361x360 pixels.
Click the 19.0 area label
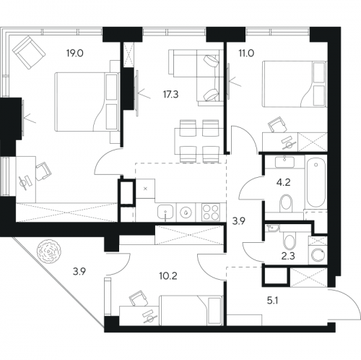point(75,53)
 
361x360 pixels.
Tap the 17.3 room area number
point(170,95)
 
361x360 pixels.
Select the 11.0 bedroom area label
point(246,53)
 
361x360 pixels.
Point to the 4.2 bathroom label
point(284,182)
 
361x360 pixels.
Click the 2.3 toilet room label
point(288,256)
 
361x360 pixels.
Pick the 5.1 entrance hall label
point(273,301)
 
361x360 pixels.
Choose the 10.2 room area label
point(168,275)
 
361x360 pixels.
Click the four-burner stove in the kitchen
point(211,213)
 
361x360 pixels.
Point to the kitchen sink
point(165,213)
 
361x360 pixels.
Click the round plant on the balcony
point(49,252)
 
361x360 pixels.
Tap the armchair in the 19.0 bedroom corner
point(29,52)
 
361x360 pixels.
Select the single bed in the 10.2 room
point(191,310)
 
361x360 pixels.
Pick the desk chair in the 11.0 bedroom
point(278,124)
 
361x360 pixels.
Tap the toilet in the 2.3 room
point(289,241)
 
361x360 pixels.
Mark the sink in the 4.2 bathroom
point(285,161)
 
